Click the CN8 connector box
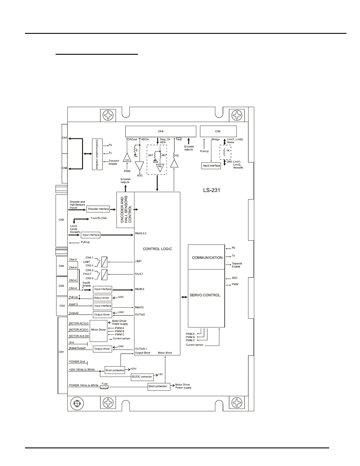161,131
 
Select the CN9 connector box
218,131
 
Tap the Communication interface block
97,154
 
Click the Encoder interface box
98,209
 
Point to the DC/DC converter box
142,377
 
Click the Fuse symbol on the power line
104,387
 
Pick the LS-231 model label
211,190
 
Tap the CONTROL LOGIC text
157,249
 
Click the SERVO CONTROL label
205,295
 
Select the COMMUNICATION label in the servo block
207,258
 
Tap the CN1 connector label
61,352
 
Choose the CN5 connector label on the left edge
61,219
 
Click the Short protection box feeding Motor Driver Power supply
159,386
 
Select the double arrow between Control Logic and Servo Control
184,297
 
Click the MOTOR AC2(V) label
79,330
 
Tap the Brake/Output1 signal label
77,348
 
